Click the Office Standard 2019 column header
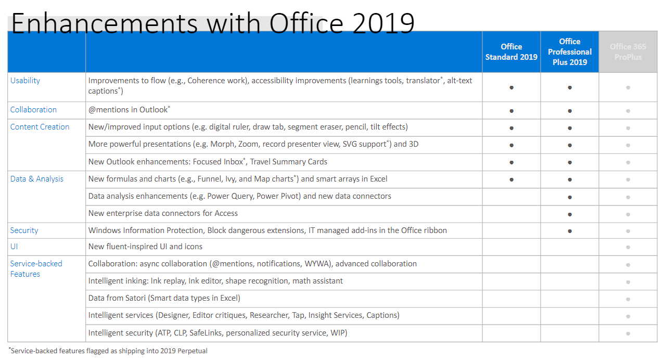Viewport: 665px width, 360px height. pyautogui.click(x=511, y=52)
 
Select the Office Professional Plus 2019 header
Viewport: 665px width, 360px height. pyautogui.click(x=569, y=52)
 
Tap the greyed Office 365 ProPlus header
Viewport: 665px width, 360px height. pyautogui.click(x=628, y=52)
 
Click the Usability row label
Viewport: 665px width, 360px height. pyautogui.click(x=25, y=81)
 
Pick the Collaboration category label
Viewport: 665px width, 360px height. pyautogui.click(x=33, y=110)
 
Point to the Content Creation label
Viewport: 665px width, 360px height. pyautogui.click(x=40, y=127)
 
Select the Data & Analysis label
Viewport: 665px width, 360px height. pyautogui.click(x=37, y=179)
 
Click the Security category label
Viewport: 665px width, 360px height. pyautogui.click(x=24, y=230)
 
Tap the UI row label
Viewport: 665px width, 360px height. pyautogui.click(x=14, y=247)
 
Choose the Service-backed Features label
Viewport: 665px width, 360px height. pyautogui.click(x=36, y=268)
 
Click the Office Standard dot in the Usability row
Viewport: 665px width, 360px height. pyautogui.click(x=511, y=87)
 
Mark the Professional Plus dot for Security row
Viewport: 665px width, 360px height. pyautogui.click(x=570, y=231)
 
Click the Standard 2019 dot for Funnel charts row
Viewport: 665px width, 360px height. pyautogui.click(x=511, y=179)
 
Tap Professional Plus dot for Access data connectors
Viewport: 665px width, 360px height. pyautogui.click(x=570, y=214)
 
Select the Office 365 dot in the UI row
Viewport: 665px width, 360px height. pyautogui.click(x=628, y=247)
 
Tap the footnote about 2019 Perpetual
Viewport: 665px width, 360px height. pyautogui.click(x=108, y=351)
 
